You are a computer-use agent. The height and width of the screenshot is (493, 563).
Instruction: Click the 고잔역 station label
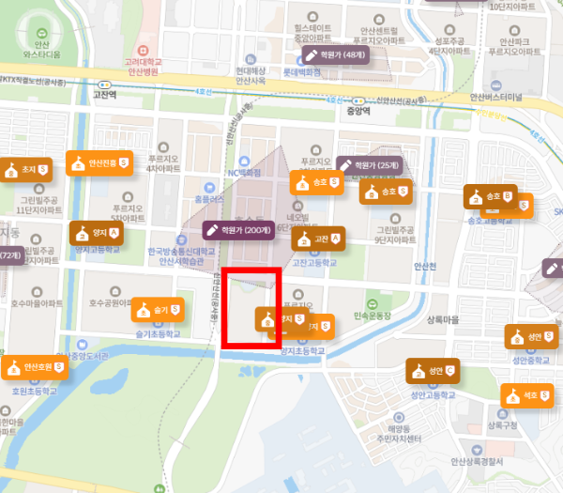[x=103, y=95]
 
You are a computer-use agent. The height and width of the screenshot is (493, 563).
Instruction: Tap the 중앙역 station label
[x=358, y=110]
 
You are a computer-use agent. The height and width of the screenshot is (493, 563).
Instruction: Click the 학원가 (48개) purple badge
[x=335, y=56]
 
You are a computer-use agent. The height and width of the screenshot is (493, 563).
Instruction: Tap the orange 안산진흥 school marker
[x=95, y=163]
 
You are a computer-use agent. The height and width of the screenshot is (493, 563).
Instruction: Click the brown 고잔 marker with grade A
[x=317, y=239]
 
